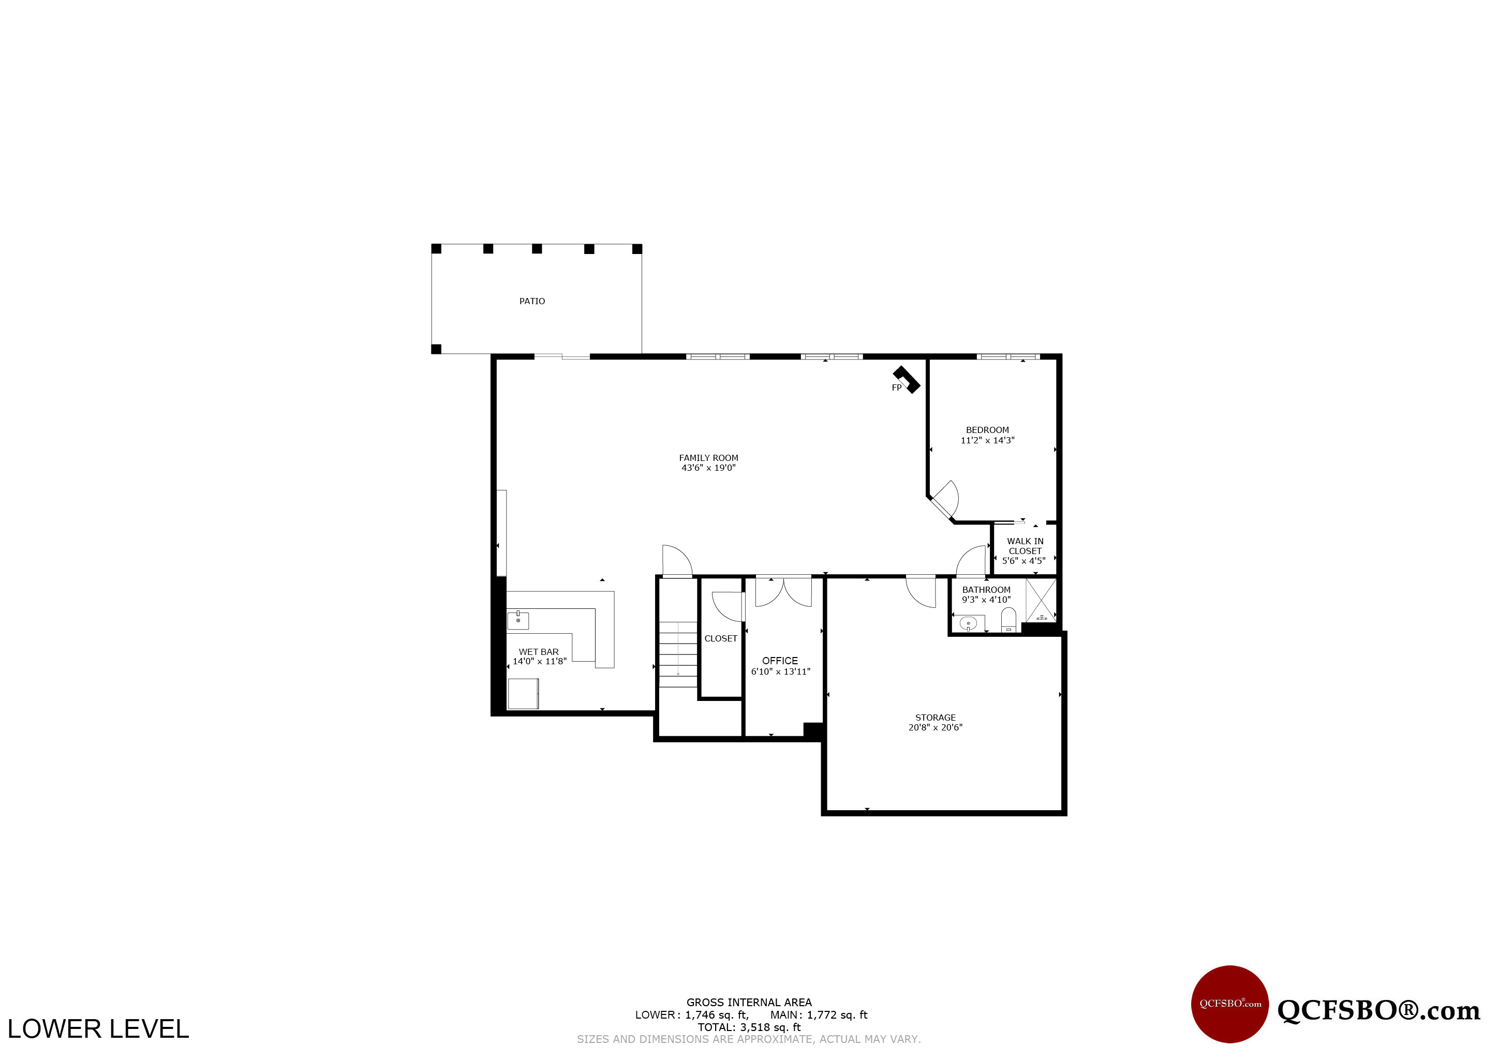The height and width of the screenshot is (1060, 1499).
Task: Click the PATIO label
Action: pyautogui.click(x=531, y=301)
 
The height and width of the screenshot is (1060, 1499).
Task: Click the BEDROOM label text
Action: pyautogui.click(x=987, y=430)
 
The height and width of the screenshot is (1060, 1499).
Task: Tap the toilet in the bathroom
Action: pyautogui.click(x=1008, y=619)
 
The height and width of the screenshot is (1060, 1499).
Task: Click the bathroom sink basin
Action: pyautogui.click(x=968, y=624)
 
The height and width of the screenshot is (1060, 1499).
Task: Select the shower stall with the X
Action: pyautogui.click(x=1041, y=600)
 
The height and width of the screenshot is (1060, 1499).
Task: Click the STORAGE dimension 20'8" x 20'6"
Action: pyautogui.click(x=935, y=727)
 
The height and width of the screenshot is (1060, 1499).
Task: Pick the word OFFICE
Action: pyautogui.click(x=780, y=661)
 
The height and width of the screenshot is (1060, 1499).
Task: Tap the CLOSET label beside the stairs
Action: pyautogui.click(x=721, y=638)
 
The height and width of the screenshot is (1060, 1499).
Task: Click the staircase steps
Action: pyautogui.click(x=678, y=654)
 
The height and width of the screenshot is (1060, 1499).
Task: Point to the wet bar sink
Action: pyautogui.click(x=518, y=620)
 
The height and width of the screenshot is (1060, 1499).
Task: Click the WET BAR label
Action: pyautogui.click(x=539, y=651)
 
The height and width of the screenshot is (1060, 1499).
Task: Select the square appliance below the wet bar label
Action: pyautogui.click(x=523, y=694)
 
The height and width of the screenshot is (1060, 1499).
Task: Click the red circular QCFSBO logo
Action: pyautogui.click(x=1230, y=1004)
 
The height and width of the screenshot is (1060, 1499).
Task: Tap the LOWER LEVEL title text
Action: pyautogui.click(x=98, y=1029)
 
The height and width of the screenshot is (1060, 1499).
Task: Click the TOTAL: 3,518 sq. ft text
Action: pyautogui.click(x=749, y=1027)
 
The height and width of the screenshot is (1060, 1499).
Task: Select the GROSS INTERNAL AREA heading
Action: pyautogui.click(x=749, y=1003)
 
